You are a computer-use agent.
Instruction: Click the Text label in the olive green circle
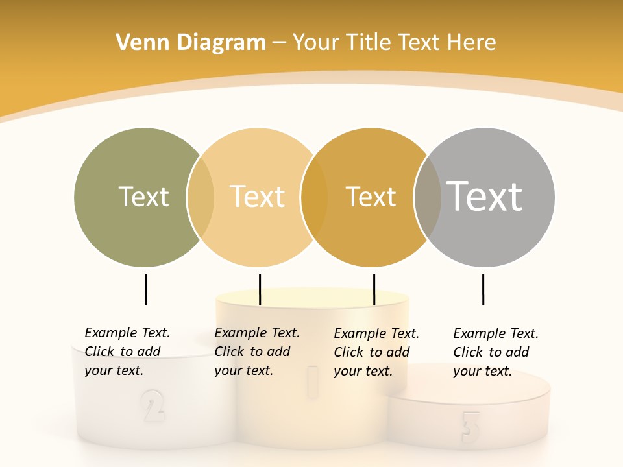143,197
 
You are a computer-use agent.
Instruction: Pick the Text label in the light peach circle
258,197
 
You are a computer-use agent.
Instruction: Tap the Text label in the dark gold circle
371,197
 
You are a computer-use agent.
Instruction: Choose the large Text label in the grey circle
485,196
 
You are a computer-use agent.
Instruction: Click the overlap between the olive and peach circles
201,197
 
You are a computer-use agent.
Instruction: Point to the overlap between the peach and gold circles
314,197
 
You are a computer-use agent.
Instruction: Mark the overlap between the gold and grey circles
428,197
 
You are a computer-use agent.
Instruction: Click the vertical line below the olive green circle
145,289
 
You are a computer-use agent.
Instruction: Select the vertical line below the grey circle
483,289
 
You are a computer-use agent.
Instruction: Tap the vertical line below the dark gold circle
374,289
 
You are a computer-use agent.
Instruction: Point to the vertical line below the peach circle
260,289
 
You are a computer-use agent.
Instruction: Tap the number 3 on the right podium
470,425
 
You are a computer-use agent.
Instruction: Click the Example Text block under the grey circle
495,352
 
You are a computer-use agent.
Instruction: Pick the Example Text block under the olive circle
127,352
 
